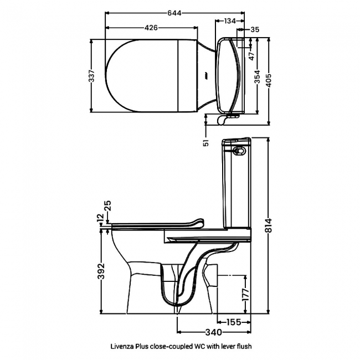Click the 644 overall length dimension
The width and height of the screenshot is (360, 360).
pyautogui.click(x=174, y=13)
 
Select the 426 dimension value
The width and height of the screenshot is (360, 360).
pyautogui.click(x=151, y=28)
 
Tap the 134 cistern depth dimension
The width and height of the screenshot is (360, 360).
pyautogui.click(x=230, y=21)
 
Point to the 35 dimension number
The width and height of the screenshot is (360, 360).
pyautogui.click(x=255, y=29)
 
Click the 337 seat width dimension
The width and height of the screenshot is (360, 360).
pyautogui.click(x=91, y=76)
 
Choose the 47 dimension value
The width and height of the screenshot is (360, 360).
pyautogui.click(x=252, y=56)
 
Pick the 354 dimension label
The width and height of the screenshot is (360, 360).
pyautogui.click(x=258, y=76)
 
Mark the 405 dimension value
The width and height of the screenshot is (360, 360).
pyautogui.click(x=269, y=80)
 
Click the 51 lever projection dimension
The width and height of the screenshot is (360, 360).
pyautogui.click(x=207, y=142)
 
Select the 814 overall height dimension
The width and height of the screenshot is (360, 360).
pyautogui.click(x=269, y=225)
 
